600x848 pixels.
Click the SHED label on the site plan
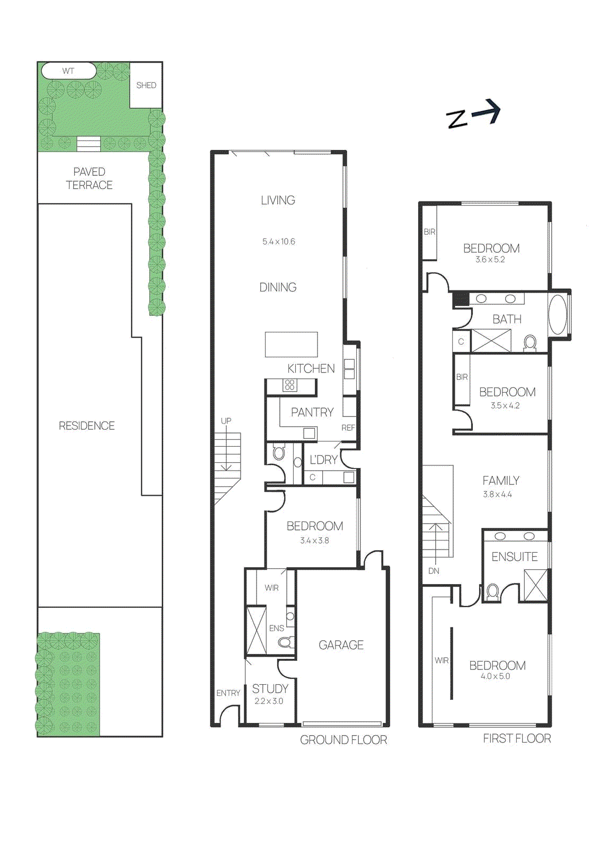click(146, 85)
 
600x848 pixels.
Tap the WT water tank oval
click(69, 71)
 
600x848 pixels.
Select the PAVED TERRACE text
click(89, 179)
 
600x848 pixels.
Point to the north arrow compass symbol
click(473, 114)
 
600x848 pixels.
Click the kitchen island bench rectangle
click(291, 344)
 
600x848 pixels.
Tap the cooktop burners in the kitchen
click(289, 385)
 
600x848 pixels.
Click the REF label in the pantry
click(348, 428)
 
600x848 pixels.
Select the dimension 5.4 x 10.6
click(278, 242)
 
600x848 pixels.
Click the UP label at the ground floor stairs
click(226, 421)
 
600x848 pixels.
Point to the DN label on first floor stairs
click(434, 571)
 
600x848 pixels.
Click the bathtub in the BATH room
click(557, 314)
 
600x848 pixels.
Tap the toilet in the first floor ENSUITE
click(492, 591)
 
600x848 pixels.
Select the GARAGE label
click(341, 645)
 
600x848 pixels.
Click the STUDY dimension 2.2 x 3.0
click(269, 701)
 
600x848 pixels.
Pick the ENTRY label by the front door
click(228, 693)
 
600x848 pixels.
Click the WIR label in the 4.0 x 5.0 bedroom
click(442, 660)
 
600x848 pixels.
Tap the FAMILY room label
click(500, 481)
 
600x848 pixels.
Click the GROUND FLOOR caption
click(343, 740)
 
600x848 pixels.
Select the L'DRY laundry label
click(323, 460)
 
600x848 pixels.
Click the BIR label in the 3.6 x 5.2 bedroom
click(429, 232)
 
